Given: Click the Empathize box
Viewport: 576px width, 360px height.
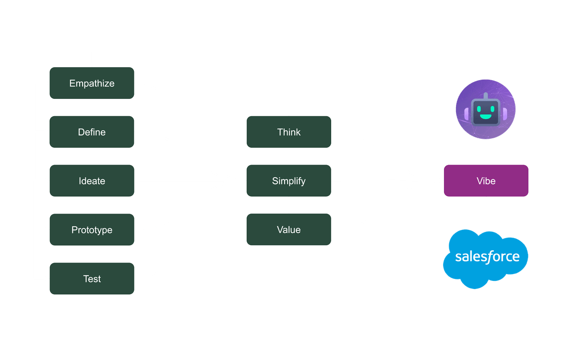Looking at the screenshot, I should coord(92,84).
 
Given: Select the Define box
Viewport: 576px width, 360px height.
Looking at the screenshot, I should coord(92,132).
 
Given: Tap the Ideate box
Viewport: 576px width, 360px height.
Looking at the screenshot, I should coord(92,181).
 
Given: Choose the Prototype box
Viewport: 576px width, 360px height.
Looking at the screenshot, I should coord(92,230).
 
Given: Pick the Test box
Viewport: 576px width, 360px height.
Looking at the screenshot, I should coord(92,279).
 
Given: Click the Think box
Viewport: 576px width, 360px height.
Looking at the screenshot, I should coord(288,132).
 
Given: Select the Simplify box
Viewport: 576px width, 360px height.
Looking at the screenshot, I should coord(288,181).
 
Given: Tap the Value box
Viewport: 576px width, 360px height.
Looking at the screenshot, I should coord(288,230).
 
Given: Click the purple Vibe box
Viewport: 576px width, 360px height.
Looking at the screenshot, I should coord(486,181).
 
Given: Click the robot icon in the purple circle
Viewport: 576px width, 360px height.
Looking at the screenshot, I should coord(486,109).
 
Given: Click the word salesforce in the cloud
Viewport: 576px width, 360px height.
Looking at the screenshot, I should coord(487,256).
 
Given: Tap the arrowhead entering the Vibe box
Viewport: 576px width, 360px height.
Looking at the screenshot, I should coord(440,181).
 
